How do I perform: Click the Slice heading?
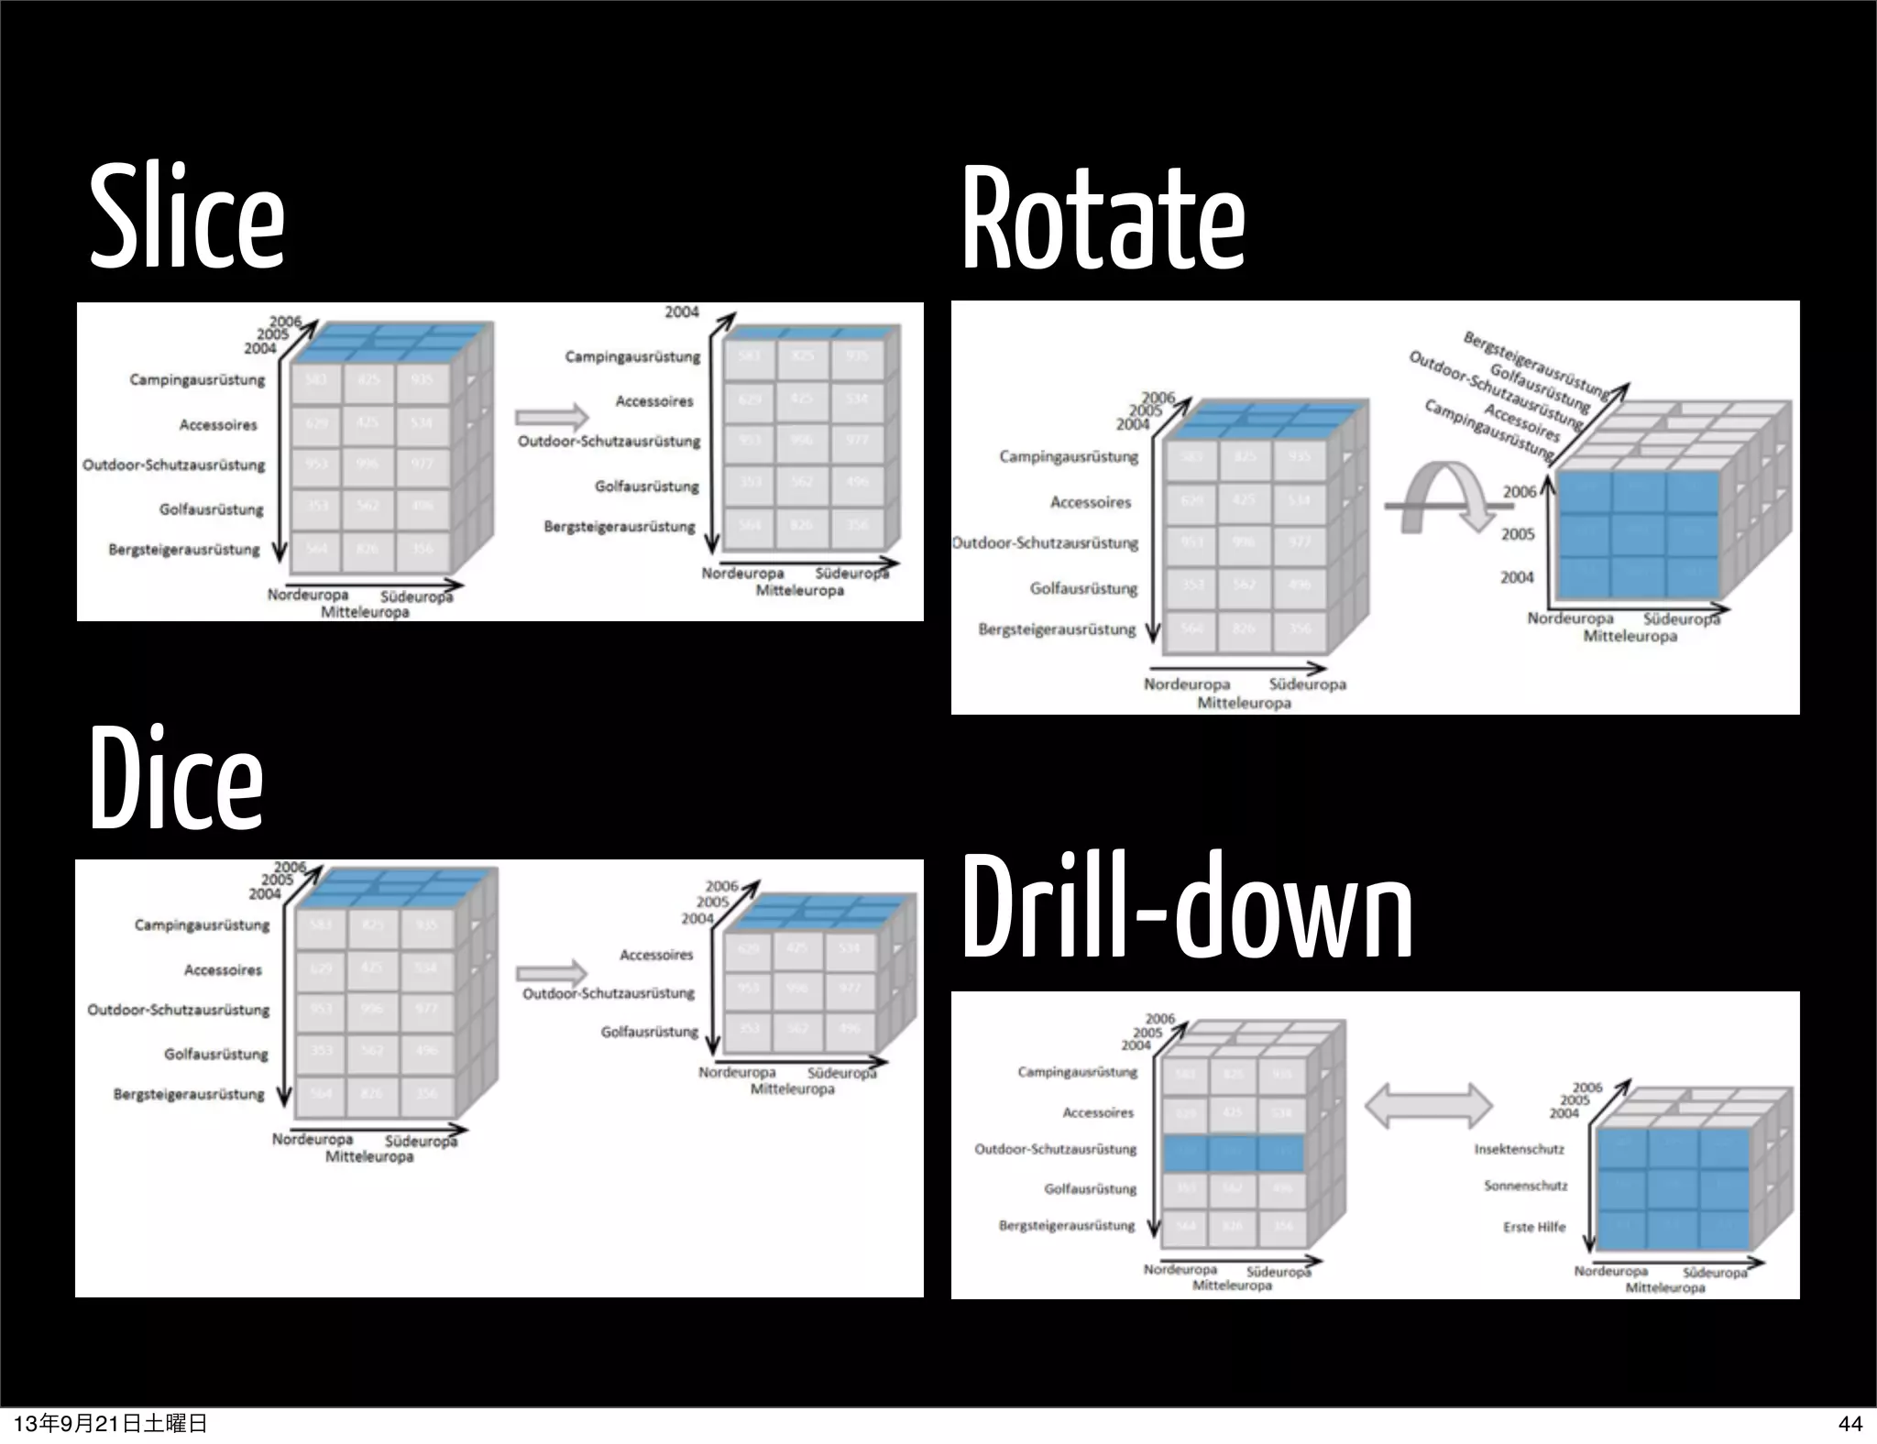click(187, 217)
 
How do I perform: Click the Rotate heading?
click(1103, 219)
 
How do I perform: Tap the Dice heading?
click(177, 778)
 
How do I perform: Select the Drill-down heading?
click(1187, 906)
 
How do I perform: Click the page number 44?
click(1850, 1423)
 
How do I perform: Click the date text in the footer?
click(110, 1423)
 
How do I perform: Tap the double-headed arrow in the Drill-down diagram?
click(1429, 1106)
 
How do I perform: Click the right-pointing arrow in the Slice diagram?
click(551, 418)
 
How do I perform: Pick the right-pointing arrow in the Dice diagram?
click(551, 973)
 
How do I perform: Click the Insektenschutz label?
click(1519, 1149)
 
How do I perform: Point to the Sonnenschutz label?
click(1525, 1186)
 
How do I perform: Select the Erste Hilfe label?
click(1533, 1227)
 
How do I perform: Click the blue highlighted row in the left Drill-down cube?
click(1233, 1152)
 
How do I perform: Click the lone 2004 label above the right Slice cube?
click(681, 312)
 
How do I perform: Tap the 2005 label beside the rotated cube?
click(1518, 534)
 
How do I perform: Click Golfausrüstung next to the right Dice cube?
click(649, 1032)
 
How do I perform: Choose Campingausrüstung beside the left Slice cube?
click(197, 379)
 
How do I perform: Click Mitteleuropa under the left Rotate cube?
click(1244, 703)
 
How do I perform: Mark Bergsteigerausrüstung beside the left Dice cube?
click(189, 1094)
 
